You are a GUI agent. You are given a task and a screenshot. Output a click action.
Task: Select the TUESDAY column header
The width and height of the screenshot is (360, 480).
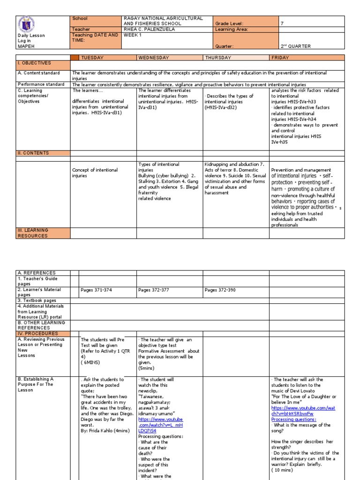click(x=92, y=58)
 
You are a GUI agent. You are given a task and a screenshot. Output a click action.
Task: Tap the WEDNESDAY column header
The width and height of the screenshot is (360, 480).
click(x=155, y=58)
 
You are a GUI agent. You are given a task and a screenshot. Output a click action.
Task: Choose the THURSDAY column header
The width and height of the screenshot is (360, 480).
click(x=218, y=58)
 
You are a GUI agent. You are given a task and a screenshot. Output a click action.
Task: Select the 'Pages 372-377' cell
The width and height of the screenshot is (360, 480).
click(x=154, y=290)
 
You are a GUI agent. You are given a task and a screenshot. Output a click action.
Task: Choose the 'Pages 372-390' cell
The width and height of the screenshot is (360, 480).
click(x=220, y=290)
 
